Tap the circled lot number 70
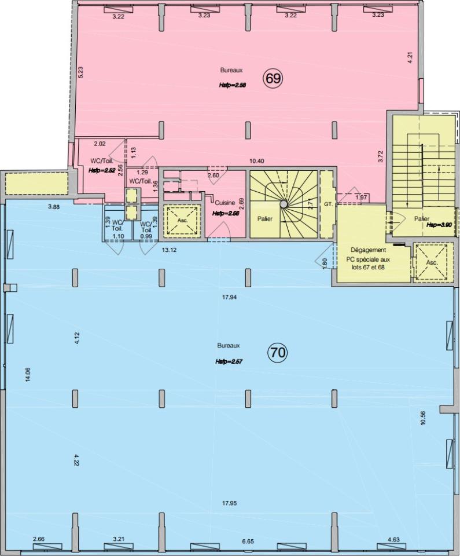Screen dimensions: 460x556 (278, 353)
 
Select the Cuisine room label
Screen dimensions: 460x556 (225, 203)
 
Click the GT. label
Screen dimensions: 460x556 (327, 204)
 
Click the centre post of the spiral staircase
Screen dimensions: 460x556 (283, 204)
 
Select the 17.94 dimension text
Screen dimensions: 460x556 (229, 297)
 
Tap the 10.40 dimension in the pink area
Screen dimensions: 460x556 (256, 161)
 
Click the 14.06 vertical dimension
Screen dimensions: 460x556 (28, 374)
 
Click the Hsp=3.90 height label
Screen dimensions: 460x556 (439, 225)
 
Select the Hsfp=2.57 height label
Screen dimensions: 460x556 (229, 361)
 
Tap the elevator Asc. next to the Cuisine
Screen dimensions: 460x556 (182, 220)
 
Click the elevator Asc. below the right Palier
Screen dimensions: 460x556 (432, 263)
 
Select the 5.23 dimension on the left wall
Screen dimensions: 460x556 (80, 72)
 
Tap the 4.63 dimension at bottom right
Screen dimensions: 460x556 (393, 540)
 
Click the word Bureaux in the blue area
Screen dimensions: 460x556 (229, 345)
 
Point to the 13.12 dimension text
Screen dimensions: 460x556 (169, 250)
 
